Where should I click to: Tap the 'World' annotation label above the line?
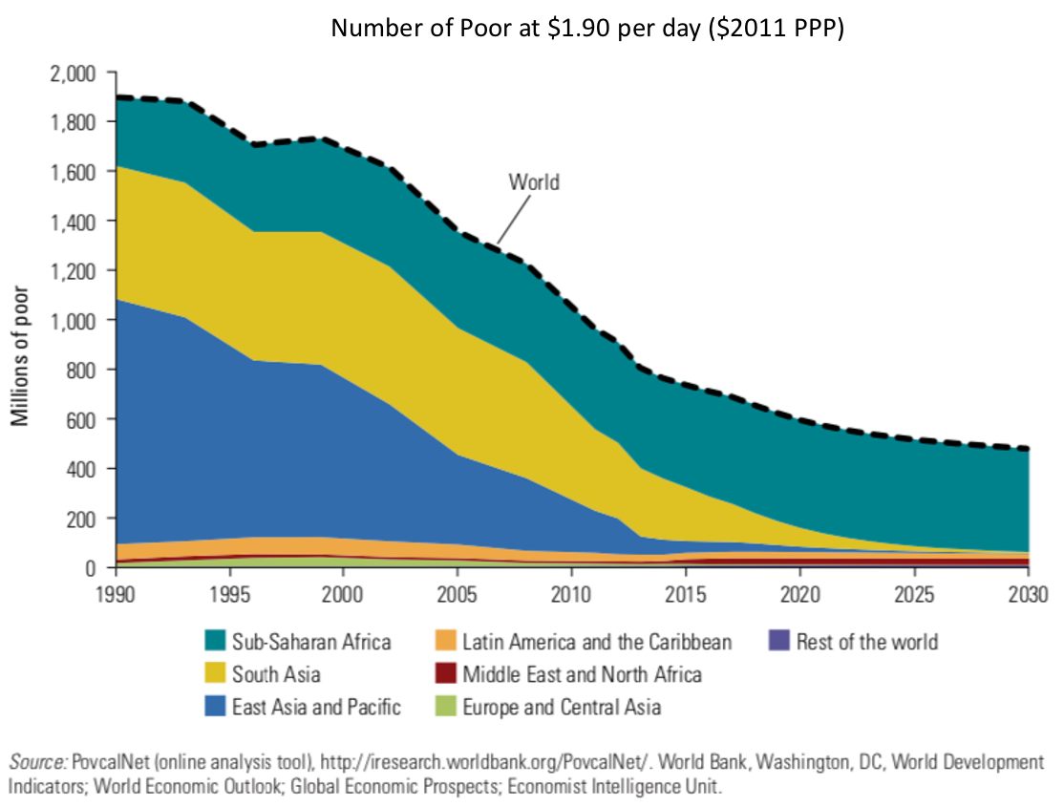click(x=533, y=181)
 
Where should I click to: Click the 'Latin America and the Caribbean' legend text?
click(x=597, y=642)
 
